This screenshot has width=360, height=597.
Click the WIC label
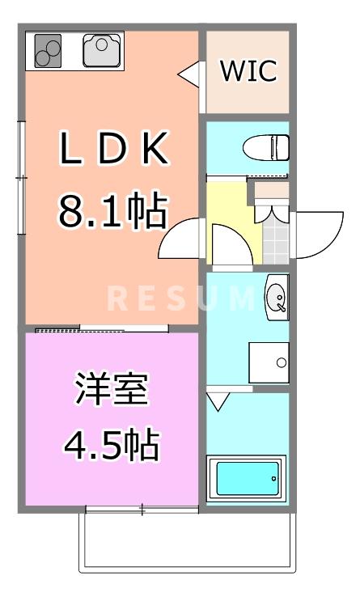tap(249, 71)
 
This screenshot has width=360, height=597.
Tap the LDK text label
tap(112, 150)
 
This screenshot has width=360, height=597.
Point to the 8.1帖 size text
tap(112, 212)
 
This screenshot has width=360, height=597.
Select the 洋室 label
tap(112, 390)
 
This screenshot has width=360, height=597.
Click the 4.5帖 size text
tap(112, 443)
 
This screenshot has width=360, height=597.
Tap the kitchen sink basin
tap(102, 50)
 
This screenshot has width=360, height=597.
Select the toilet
tap(267, 148)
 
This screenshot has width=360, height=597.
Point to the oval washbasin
tap(276, 297)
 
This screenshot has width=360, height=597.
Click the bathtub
tap(247, 479)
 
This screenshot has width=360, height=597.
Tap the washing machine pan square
tap(268, 362)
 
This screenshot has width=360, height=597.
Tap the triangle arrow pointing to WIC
tap(188, 74)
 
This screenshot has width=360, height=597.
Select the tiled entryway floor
tap(276, 239)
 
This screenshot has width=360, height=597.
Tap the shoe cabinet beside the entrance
tap(268, 193)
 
